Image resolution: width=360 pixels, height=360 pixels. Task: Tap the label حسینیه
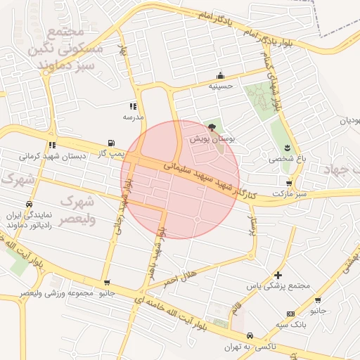[221, 86]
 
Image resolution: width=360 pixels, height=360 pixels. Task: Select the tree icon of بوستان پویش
[212, 127]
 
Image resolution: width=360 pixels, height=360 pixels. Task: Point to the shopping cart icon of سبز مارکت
[289, 183]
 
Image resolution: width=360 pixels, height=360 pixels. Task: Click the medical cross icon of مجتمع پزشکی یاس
[279, 275]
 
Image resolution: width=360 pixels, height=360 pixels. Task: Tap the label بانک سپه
[290, 324]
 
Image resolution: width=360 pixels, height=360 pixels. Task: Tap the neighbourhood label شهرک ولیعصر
[77, 210]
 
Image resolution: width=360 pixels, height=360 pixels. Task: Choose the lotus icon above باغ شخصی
[287, 147]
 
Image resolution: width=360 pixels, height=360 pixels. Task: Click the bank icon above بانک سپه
[290, 313]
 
